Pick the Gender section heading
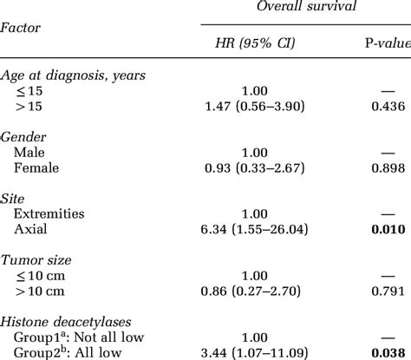tap(23, 139)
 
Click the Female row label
tap(43, 167)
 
